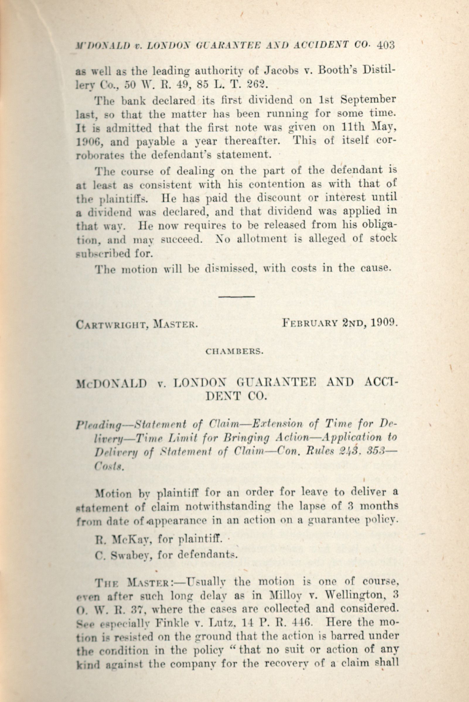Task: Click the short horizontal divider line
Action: (x=237, y=297)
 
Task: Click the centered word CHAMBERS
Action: (x=234, y=352)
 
